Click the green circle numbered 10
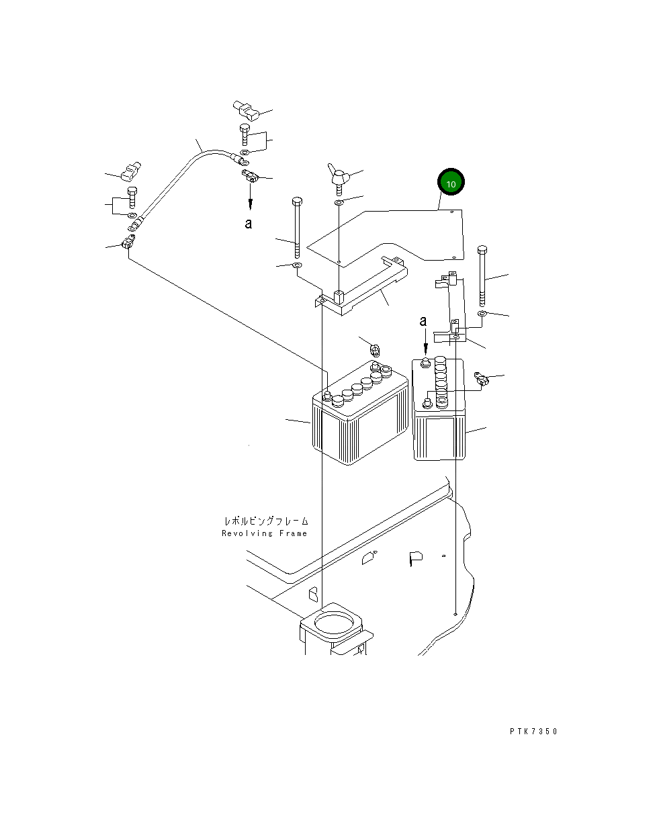(x=451, y=183)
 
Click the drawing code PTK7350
(x=533, y=732)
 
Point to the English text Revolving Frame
(x=264, y=533)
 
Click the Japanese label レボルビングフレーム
(x=266, y=521)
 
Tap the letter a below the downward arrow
(x=249, y=224)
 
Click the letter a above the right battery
(x=423, y=321)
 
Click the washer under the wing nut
(x=339, y=202)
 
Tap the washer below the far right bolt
(x=482, y=314)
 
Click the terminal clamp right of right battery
(x=480, y=381)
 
